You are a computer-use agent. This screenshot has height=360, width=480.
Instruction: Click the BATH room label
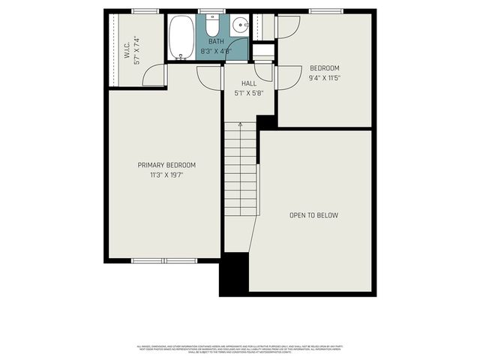pos(216,42)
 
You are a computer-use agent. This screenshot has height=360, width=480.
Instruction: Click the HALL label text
pos(249,83)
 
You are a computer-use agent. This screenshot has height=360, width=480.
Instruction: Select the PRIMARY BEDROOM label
pos(166,165)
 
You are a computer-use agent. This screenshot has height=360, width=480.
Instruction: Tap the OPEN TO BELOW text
pos(313,215)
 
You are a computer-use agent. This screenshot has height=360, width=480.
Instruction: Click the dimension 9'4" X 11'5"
pos(324,77)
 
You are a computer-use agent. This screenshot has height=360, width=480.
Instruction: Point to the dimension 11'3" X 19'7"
pos(166,175)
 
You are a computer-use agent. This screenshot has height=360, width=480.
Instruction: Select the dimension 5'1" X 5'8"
pos(249,93)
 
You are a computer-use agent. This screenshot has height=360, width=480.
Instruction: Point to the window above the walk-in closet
pos(145,11)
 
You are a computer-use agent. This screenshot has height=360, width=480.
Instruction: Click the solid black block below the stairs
pos(234,274)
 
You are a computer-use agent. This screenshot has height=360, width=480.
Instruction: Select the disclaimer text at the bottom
pos(240,349)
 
